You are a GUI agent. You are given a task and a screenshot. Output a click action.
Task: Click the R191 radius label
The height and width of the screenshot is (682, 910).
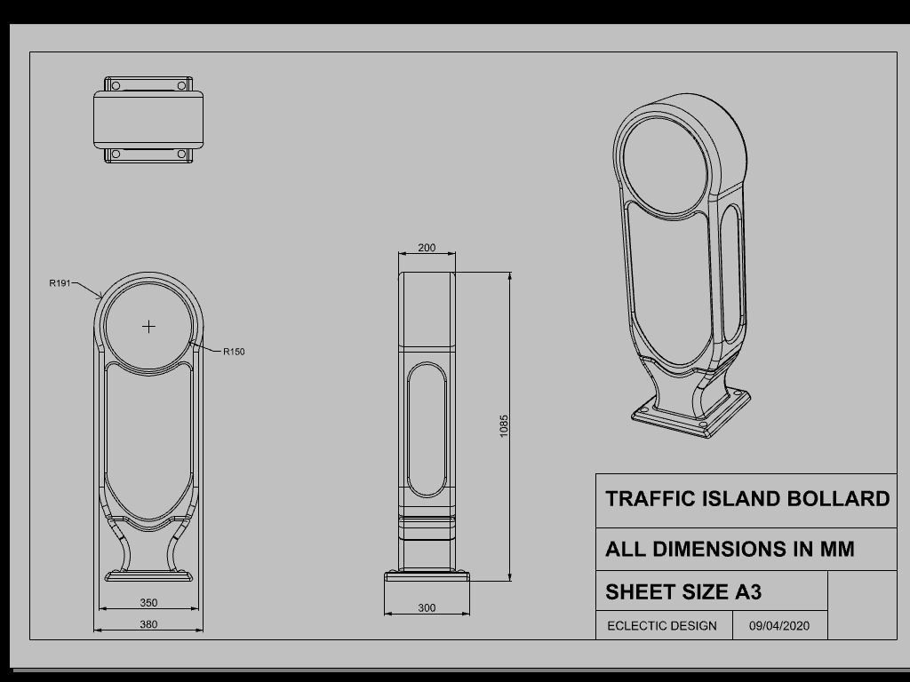tap(60, 283)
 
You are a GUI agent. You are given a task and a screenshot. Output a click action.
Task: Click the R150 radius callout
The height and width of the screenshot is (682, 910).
tap(234, 352)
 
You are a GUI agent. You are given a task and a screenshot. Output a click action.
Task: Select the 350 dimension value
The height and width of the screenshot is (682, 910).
tap(148, 603)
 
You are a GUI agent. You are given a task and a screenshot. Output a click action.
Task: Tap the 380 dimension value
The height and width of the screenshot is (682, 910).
tap(148, 624)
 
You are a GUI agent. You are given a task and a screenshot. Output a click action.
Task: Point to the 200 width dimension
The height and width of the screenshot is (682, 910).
tap(427, 248)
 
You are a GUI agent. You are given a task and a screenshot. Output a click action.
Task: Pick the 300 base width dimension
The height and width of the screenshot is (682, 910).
tap(427, 608)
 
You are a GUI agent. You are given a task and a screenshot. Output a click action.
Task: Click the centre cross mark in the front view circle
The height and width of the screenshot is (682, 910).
tap(148, 327)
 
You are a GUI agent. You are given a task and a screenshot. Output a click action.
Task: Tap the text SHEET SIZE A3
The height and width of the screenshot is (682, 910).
tap(683, 591)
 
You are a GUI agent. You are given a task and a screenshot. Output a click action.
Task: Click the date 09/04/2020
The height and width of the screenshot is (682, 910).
tap(779, 625)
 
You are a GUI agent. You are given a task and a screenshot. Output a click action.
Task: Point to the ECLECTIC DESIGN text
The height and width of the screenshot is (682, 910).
tap(662, 625)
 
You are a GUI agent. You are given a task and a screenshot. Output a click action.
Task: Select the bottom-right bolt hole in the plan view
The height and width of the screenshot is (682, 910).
tap(181, 154)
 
